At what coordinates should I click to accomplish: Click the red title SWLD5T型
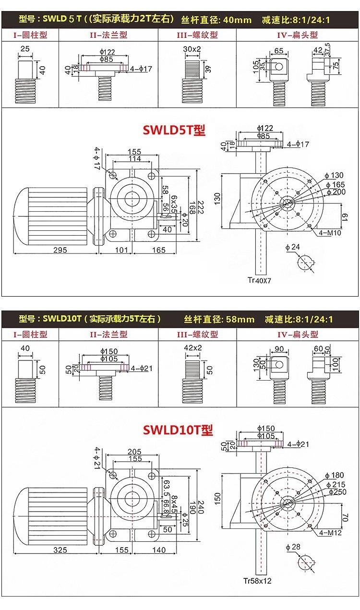(x=174, y=130)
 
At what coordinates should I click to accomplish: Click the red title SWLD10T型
(x=178, y=430)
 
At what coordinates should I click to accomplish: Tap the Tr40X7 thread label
(x=260, y=280)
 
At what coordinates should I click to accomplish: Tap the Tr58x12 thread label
(x=258, y=581)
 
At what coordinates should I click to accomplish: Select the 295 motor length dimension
(x=60, y=250)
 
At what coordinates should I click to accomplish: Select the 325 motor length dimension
(x=60, y=550)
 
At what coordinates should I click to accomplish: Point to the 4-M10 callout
(x=330, y=233)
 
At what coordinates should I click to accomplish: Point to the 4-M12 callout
(x=330, y=533)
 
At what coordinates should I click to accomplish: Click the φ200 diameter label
(x=336, y=192)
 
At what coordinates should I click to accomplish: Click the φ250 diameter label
(x=337, y=492)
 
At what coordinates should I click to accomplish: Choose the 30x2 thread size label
(x=192, y=49)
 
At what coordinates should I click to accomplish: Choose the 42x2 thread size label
(x=193, y=348)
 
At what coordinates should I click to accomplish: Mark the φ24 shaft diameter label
(x=292, y=247)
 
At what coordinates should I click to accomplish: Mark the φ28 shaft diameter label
(x=293, y=547)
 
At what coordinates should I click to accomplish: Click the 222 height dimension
(x=201, y=207)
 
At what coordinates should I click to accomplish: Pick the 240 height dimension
(x=201, y=507)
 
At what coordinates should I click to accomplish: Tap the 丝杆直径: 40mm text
(x=216, y=20)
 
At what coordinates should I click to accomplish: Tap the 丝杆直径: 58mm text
(x=219, y=319)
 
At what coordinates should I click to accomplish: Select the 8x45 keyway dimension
(x=174, y=504)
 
